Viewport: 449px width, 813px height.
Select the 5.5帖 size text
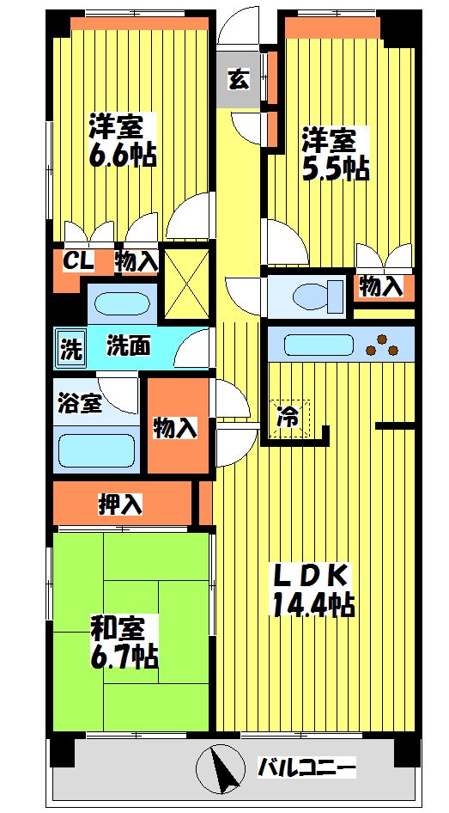pos(335,168)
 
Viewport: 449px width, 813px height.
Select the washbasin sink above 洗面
pos(119,303)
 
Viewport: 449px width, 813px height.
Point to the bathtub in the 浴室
pos(95,449)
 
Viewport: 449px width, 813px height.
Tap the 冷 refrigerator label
pos(288,418)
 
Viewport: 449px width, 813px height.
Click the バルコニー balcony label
pos(306,765)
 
